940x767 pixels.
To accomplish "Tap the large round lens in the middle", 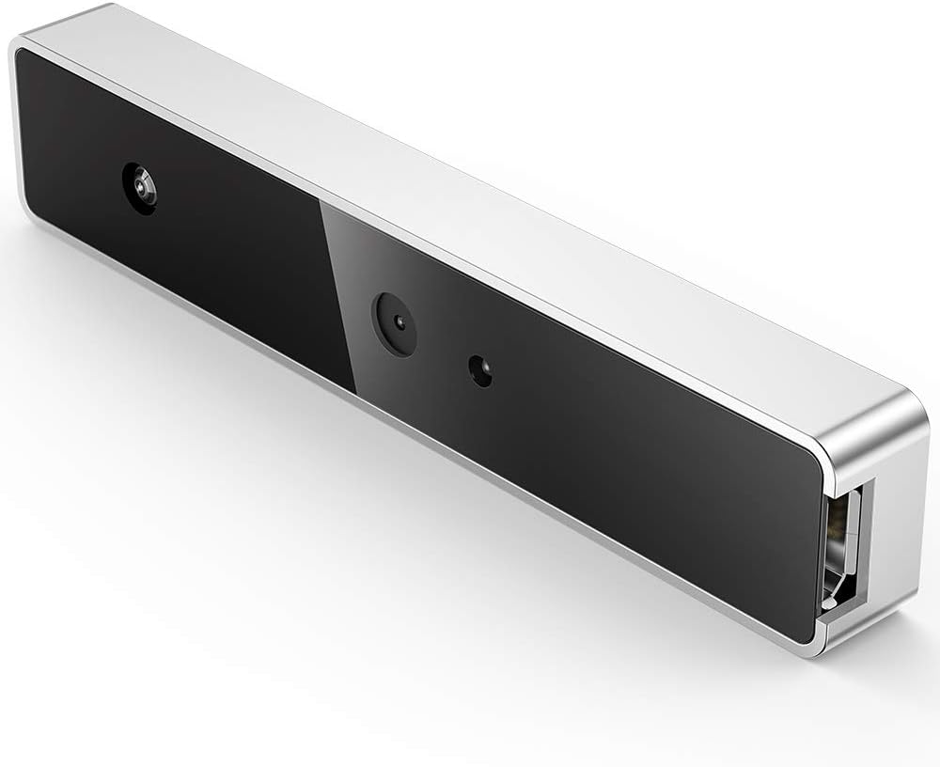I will pyautogui.click(x=395, y=323).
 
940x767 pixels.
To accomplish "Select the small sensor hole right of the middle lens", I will pyautogui.click(x=481, y=371).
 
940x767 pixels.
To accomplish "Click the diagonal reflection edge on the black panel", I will pyautogui.click(x=338, y=301).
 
